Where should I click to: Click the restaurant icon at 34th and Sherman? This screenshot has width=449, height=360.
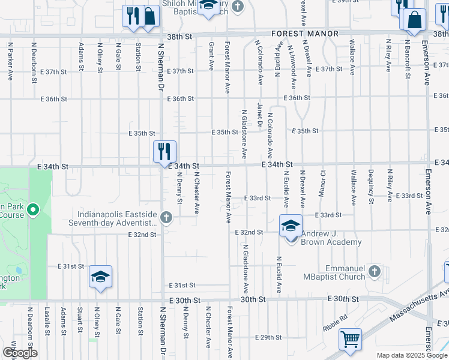(x=164, y=151)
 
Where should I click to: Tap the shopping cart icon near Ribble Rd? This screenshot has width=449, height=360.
(x=350, y=339)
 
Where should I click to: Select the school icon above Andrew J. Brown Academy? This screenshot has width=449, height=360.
(x=291, y=226)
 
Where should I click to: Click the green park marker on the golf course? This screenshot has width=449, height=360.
(x=33, y=211)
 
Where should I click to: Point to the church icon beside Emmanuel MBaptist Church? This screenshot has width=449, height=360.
(x=375, y=271)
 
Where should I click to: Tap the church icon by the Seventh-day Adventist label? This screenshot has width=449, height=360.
(x=170, y=218)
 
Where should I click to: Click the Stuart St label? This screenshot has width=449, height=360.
(x=79, y=320)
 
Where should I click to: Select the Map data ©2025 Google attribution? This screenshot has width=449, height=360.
(x=411, y=355)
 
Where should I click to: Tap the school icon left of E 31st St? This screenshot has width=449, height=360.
(x=101, y=277)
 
